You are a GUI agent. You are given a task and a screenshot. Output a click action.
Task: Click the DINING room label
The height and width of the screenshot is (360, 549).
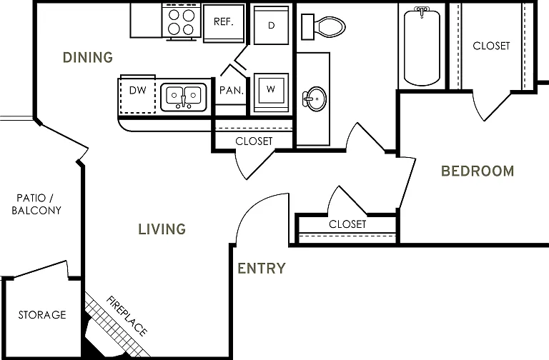[x=88, y=57]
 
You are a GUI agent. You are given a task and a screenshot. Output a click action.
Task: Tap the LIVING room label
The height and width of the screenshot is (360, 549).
[x=162, y=229]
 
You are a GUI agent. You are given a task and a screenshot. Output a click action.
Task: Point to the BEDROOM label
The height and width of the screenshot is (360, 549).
[x=478, y=171]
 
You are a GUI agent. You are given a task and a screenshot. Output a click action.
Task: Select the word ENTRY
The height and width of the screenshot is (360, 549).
[x=262, y=269]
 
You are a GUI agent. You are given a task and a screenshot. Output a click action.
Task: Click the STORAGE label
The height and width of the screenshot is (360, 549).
[x=42, y=315]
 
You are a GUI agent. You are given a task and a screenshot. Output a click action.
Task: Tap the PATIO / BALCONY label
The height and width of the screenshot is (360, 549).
[x=36, y=204]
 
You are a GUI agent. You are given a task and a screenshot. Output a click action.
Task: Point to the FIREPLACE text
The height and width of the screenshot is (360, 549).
[x=127, y=316]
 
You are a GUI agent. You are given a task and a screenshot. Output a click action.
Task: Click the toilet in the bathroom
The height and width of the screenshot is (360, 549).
[x=323, y=26]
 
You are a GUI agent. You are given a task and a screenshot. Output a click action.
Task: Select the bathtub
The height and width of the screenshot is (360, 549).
[x=422, y=46]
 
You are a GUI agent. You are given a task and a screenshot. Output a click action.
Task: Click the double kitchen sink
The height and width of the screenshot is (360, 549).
[x=184, y=97]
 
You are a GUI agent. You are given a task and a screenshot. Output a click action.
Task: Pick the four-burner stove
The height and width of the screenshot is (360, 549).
[x=182, y=21]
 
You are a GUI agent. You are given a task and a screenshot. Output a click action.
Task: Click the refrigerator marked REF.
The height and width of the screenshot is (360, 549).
[x=224, y=23]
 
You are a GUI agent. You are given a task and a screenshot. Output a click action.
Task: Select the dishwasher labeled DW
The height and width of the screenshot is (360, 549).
[x=137, y=94]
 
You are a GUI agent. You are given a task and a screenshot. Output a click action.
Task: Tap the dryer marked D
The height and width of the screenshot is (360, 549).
[x=272, y=25]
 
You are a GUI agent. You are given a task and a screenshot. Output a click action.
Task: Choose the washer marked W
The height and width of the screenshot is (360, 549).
[x=271, y=92]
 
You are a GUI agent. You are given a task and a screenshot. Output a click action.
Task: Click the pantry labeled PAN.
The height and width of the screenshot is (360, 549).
[x=231, y=91]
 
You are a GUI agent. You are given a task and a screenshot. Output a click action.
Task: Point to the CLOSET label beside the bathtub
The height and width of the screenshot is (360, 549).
[x=491, y=46]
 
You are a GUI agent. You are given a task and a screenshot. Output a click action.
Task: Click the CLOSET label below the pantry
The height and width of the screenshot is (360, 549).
[x=254, y=141]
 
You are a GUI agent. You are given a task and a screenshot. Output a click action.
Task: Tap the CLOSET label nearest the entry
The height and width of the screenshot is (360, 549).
[x=347, y=224]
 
